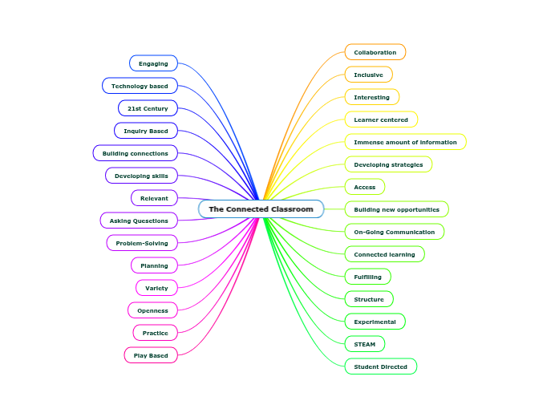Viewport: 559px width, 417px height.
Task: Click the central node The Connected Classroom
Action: (x=261, y=209)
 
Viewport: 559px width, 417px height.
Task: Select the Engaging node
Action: (x=153, y=63)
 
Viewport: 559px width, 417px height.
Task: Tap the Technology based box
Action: (x=140, y=86)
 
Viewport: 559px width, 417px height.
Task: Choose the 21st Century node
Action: (x=148, y=108)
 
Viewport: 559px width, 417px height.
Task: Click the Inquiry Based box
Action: (x=146, y=131)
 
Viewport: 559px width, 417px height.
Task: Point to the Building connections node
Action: (x=135, y=153)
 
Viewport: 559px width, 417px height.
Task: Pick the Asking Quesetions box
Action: (x=139, y=221)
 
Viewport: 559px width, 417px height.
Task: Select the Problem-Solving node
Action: (x=142, y=243)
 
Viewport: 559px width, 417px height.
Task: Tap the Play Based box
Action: (x=151, y=355)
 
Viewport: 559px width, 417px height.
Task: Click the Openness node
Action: (x=152, y=310)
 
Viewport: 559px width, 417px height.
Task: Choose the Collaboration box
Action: (x=375, y=52)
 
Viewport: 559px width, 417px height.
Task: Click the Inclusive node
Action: (x=368, y=75)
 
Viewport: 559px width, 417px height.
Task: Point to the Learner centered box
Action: (x=381, y=119)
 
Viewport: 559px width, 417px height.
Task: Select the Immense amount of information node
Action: (x=405, y=142)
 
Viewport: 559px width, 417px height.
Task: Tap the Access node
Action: (x=365, y=187)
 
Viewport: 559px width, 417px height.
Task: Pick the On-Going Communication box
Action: (x=394, y=232)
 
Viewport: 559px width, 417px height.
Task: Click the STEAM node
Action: (x=365, y=344)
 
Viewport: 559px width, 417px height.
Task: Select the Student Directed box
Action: (x=381, y=366)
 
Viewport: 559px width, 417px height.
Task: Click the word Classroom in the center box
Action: (x=292, y=209)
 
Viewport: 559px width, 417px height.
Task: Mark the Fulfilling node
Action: (x=367, y=277)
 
